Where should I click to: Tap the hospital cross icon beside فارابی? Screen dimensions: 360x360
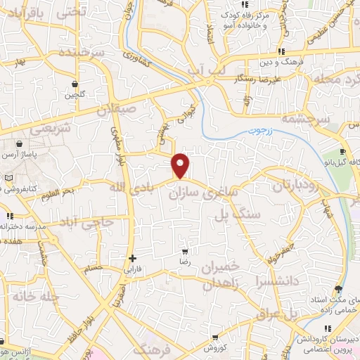pos(132,258)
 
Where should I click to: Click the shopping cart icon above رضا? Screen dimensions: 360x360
pos(185,251)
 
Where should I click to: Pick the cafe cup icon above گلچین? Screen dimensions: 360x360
pos(74,84)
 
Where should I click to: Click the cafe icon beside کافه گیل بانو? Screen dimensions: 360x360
pos(342,151)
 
